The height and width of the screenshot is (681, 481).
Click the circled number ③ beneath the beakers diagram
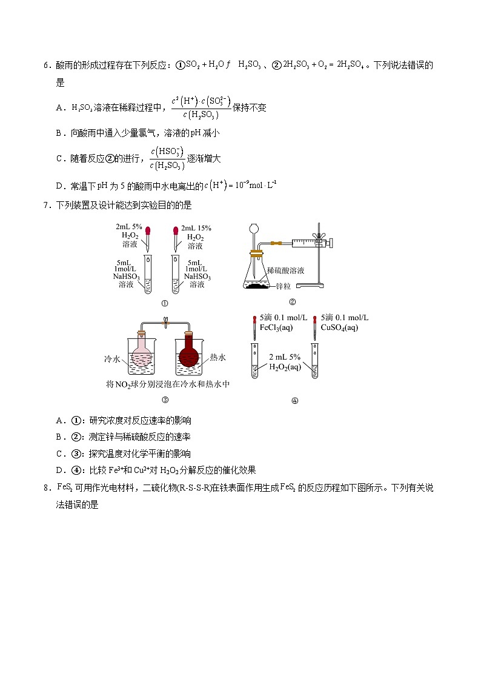[164, 399]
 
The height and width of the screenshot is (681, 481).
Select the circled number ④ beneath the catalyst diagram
[295, 400]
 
